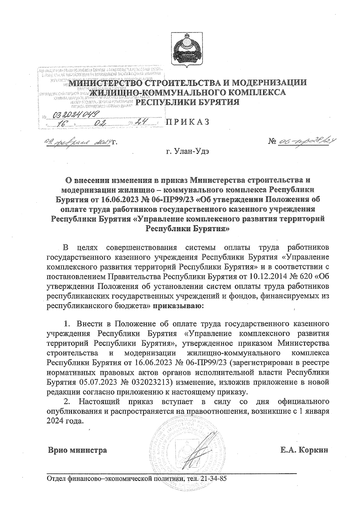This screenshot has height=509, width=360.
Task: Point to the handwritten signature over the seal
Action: click(201, 450)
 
